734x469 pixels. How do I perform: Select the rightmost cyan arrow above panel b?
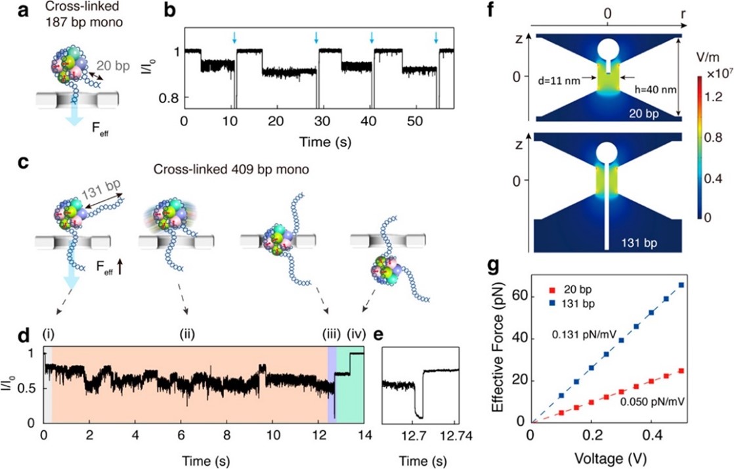click(x=436, y=37)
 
